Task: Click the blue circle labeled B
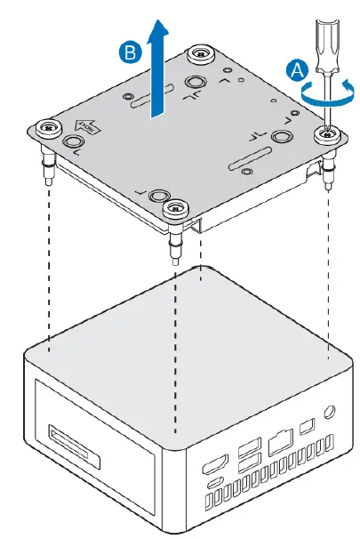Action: [x=130, y=53]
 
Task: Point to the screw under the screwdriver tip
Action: [x=326, y=133]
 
